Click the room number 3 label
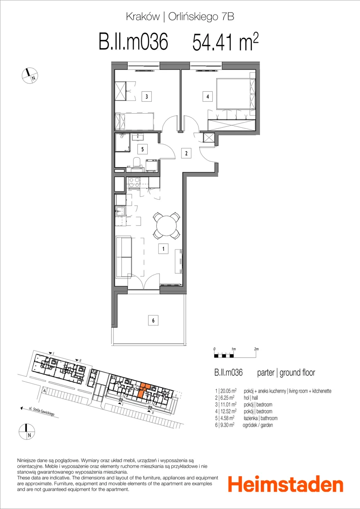click(x=147, y=96)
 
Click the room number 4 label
click(x=207, y=96)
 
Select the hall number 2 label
click(x=186, y=153)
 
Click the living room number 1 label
click(x=163, y=249)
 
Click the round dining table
click(x=166, y=225)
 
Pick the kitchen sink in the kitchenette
click(x=121, y=212)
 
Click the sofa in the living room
click(x=123, y=257)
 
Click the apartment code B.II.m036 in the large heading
click(x=133, y=43)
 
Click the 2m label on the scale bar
click(x=256, y=349)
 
